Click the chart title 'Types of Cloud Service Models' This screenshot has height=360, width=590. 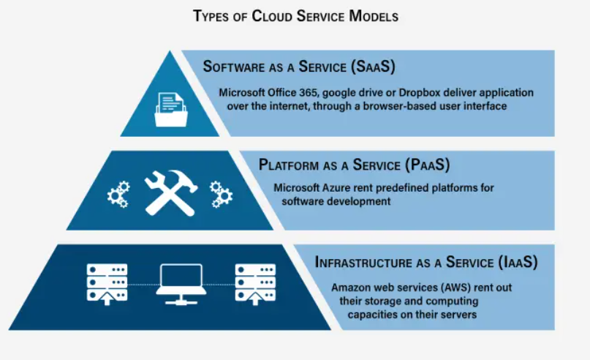point(296,16)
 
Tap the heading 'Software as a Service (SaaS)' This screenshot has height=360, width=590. point(299,67)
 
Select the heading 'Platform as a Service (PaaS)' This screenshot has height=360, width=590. point(354,165)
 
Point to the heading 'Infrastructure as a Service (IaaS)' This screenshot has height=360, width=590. point(426,262)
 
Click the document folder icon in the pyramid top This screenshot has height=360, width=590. point(171,110)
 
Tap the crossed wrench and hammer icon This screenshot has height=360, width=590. point(171,192)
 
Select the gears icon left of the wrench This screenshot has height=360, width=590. point(119,195)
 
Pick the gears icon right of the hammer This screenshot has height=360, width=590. point(221,195)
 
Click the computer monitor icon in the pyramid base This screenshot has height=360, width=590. point(181,285)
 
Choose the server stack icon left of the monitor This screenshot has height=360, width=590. point(107,285)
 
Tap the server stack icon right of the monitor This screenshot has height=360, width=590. point(255,285)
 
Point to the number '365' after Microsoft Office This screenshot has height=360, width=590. point(309,93)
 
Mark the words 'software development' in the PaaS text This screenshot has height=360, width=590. point(336,201)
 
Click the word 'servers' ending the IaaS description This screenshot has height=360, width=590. point(461,315)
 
